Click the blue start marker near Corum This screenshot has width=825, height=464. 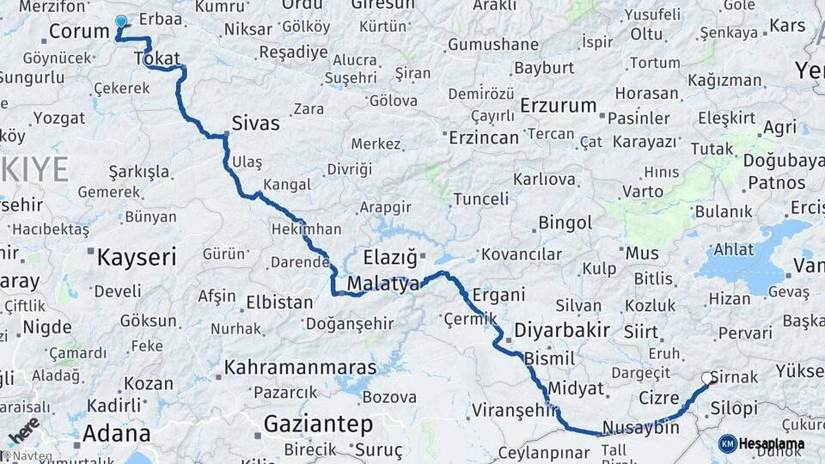[121, 22]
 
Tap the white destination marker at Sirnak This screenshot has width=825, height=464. [707, 377]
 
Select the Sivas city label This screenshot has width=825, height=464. [255, 124]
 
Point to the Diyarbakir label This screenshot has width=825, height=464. [561, 330]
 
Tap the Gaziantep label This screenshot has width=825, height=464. [318, 424]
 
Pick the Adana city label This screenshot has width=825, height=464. [111, 432]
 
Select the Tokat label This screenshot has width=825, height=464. [156, 58]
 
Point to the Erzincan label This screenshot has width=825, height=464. [483, 137]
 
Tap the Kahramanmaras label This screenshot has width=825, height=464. [300, 368]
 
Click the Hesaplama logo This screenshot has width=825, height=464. [761, 444]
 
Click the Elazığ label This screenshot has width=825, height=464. [389, 257]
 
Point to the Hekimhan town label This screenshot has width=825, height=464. [306, 229]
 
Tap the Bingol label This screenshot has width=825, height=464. [565, 223]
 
